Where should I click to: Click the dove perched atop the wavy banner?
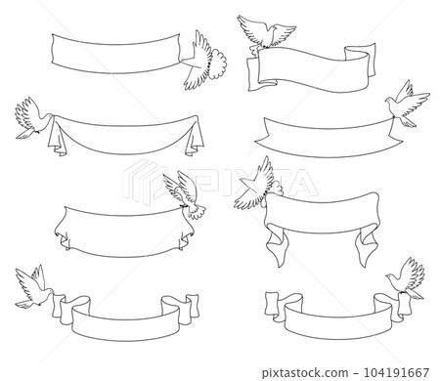[266, 32]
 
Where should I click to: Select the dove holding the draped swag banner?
[32, 118]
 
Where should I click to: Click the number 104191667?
[396, 372]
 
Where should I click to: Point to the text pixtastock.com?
[305, 372]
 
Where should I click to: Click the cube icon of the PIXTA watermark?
[145, 182]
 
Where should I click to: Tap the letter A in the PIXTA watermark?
[300, 183]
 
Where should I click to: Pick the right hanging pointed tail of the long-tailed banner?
[366, 246]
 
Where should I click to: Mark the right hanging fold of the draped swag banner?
[195, 136]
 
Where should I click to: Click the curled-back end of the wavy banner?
[360, 61]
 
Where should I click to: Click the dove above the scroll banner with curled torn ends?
[185, 194]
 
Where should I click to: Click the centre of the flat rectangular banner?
[115, 53]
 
